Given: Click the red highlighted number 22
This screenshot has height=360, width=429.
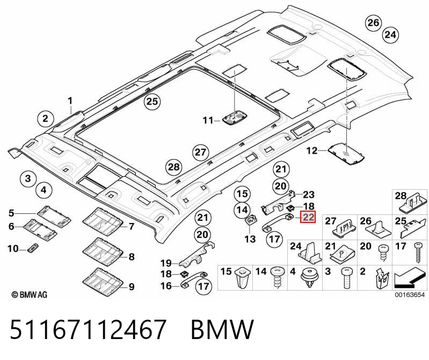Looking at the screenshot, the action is (308, 217).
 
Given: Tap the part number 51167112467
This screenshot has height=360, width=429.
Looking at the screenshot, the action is (88, 329).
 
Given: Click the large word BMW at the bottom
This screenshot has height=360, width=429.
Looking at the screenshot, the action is (222, 329).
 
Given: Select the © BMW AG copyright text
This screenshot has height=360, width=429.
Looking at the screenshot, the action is (30, 294).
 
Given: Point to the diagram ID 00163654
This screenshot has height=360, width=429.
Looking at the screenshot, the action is (410, 295).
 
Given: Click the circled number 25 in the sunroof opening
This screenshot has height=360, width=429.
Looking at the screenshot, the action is (152, 102).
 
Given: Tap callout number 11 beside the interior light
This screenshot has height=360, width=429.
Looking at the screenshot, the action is (208, 120).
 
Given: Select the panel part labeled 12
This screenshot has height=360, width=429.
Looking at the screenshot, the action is (346, 154).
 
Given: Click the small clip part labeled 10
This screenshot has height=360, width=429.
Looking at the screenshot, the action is (33, 247).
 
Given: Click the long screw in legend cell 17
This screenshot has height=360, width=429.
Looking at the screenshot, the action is (419, 253).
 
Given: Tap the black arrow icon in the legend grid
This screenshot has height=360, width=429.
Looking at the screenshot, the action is (410, 279).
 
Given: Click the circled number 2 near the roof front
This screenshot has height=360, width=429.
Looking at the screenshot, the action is (45, 119).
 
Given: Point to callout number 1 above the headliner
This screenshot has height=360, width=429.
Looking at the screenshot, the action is (70, 101).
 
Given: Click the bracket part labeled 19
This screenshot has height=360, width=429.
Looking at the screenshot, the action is (197, 255).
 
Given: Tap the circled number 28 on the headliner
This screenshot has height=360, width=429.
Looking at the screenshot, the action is (174, 167).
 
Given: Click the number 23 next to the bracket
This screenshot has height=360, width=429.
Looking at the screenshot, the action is (309, 195).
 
